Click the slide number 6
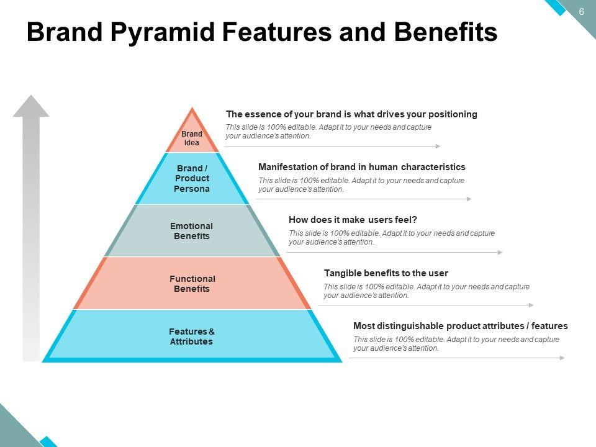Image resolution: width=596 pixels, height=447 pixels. point(582,12)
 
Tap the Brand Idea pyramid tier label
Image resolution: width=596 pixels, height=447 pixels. point(192,138)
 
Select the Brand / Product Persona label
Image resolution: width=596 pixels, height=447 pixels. point(192,178)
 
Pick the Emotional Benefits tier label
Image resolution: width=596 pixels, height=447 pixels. point(192,231)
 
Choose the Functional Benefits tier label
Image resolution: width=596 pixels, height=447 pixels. point(192,284)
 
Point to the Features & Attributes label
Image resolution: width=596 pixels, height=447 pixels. point(192,336)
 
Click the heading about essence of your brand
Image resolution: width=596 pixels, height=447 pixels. point(351,114)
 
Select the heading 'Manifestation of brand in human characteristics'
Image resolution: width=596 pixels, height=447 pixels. point(361,167)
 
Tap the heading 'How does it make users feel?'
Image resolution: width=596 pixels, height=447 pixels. point(353,220)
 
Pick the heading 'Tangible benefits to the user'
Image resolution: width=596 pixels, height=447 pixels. point(386,273)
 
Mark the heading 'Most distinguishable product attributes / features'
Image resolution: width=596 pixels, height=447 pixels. point(460,326)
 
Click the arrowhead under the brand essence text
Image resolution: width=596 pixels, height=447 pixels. point(438,147)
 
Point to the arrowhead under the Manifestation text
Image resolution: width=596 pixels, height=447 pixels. point(469,199)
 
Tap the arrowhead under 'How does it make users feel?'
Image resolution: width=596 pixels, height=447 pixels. point(500,253)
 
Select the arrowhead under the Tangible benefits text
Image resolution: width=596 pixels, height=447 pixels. point(531,305)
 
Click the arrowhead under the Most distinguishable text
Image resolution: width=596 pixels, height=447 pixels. point(562,358)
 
